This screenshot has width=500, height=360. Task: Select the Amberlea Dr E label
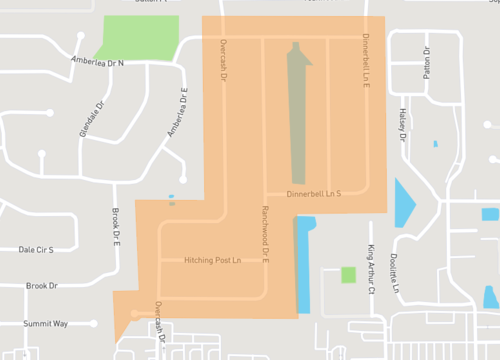click(x=178, y=114)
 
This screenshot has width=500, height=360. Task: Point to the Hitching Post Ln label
click(x=213, y=260)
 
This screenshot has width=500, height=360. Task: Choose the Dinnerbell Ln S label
click(x=314, y=193)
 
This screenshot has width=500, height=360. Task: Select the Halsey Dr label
click(x=406, y=125)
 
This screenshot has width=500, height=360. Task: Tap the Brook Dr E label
click(x=116, y=226)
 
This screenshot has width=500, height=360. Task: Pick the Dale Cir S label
click(x=35, y=249)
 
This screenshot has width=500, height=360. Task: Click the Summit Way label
click(x=46, y=323)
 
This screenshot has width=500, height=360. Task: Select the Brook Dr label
click(x=42, y=286)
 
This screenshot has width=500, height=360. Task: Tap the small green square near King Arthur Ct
click(x=348, y=274)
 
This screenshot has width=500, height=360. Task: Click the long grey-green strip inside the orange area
click(x=298, y=115)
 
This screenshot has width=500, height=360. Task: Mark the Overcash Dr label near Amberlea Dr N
click(x=224, y=61)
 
